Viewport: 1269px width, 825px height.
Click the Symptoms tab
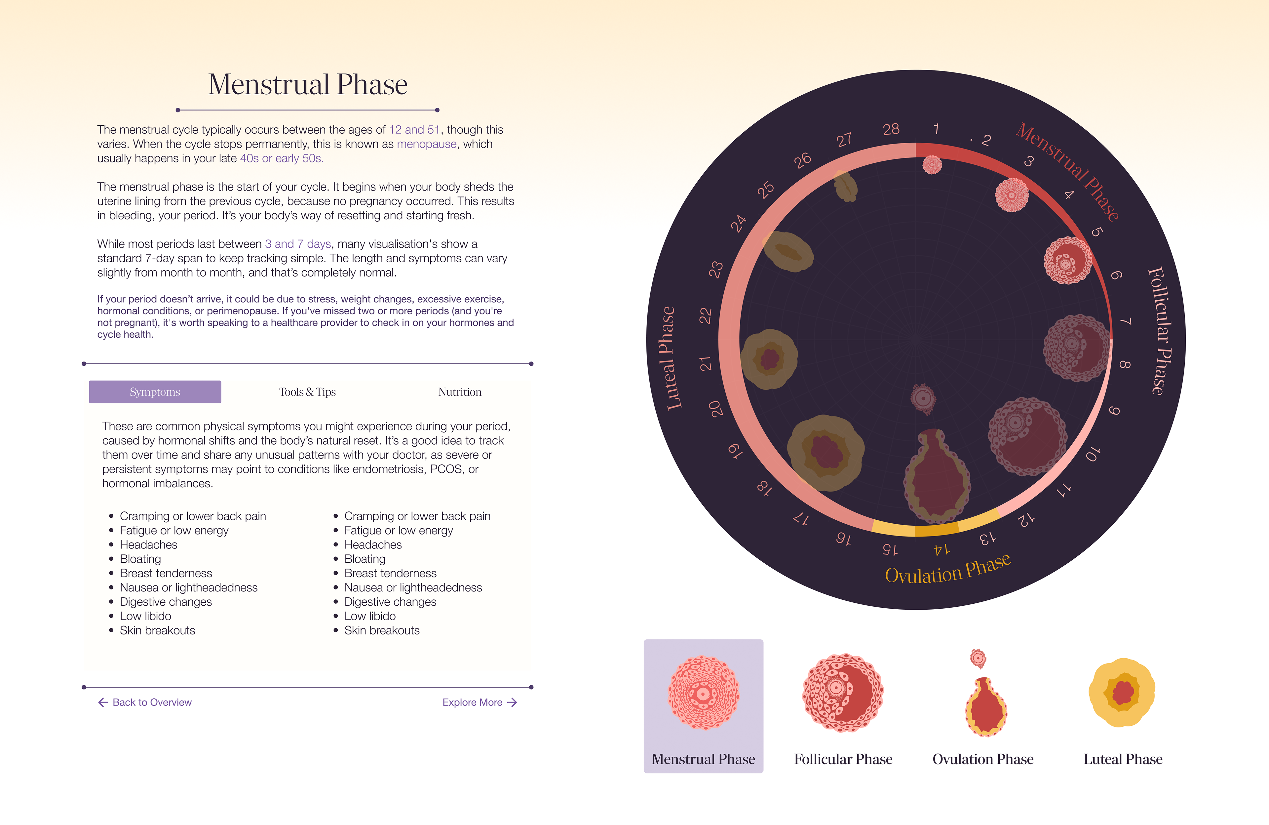[x=155, y=392]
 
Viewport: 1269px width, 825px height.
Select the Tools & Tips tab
[x=307, y=392]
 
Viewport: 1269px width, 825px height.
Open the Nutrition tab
[x=460, y=392]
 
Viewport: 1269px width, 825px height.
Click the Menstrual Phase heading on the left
[x=308, y=84]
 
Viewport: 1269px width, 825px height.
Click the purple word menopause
[x=427, y=144]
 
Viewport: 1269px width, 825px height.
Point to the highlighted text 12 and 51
[x=414, y=130]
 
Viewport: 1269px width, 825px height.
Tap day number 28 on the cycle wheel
[x=891, y=129]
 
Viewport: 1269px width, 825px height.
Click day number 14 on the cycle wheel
[x=941, y=549]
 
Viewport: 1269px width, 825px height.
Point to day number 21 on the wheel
[x=706, y=364]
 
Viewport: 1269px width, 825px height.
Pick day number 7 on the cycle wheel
[x=1126, y=321]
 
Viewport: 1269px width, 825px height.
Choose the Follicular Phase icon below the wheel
[x=843, y=693]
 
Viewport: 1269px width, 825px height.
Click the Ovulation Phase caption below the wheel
[x=983, y=759]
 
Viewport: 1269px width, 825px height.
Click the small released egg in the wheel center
[x=923, y=398]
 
